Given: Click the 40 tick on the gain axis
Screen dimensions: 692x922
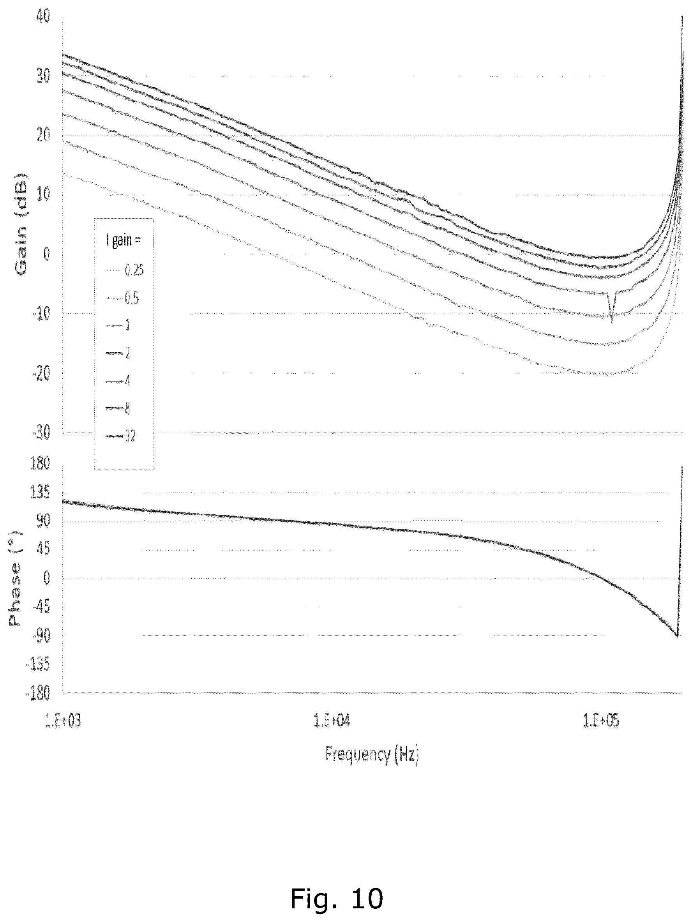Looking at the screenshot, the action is (42, 16).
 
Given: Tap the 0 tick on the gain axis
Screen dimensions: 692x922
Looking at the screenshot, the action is (46, 254).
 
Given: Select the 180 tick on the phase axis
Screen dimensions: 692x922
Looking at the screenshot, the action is (41, 463).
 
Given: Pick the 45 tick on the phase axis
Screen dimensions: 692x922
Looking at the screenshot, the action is (43, 550).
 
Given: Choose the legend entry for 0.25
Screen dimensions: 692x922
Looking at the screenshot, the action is (125, 270).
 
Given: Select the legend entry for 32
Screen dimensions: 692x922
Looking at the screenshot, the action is (121, 436).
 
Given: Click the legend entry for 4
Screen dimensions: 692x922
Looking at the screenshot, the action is (118, 381).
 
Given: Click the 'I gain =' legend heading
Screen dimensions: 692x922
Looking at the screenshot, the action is (124, 241).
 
